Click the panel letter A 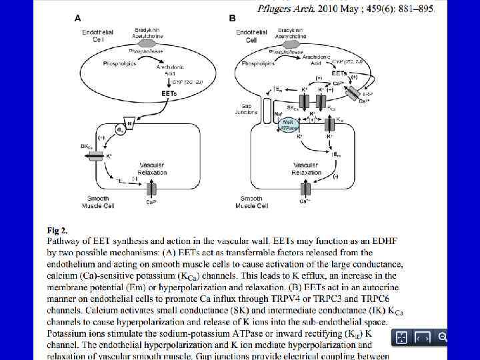(78, 18)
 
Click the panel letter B (233, 18)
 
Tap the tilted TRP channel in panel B (352, 94)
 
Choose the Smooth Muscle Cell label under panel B (252, 202)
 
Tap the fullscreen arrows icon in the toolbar (401, 338)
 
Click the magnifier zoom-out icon (442, 337)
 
